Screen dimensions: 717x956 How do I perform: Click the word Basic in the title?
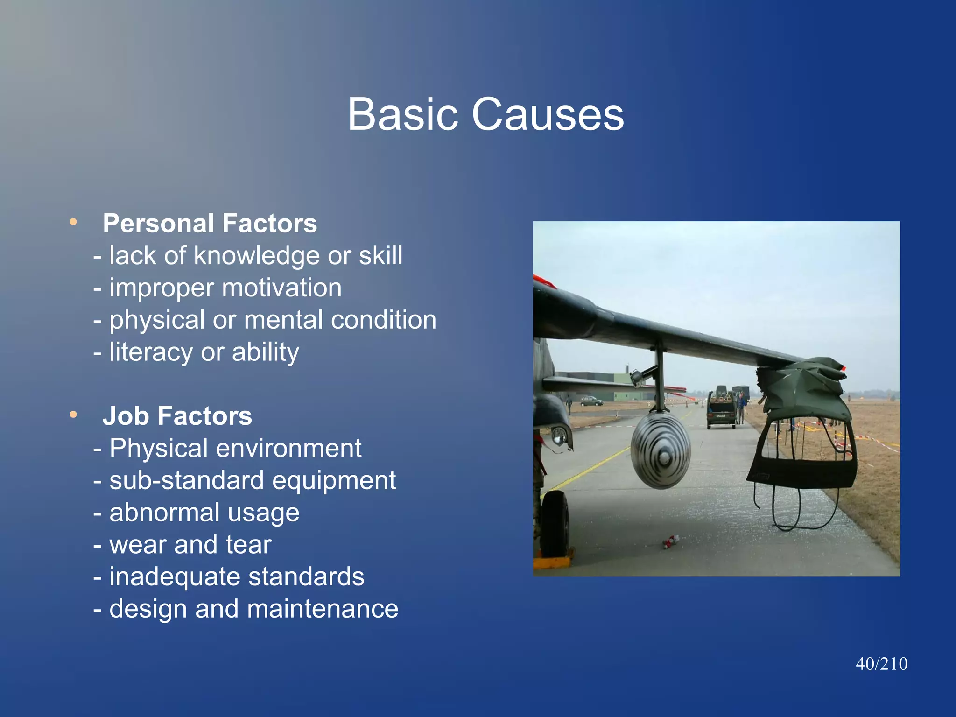(403, 114)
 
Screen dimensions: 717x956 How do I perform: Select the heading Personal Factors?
(210, 223)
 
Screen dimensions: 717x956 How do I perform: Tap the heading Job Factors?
(177, 415)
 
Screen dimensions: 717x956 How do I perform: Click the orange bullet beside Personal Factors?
(73, 222)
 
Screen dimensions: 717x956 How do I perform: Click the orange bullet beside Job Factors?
(73, 414)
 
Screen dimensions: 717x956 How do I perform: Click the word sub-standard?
(188, 480)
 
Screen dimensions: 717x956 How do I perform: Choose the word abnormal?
(164, 513)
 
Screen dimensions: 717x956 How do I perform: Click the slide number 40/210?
(881, 664)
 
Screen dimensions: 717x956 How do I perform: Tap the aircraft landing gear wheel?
(555, 523)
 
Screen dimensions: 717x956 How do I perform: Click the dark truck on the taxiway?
(722, 409)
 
